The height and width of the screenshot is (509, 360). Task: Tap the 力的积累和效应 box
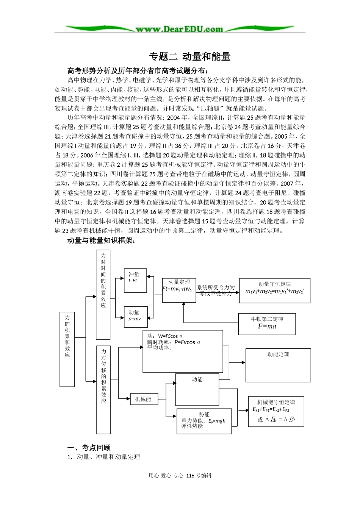click(67, 349)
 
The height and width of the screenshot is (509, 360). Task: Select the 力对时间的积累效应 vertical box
click(103, 294)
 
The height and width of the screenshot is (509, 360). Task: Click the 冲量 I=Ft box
click(135, 280)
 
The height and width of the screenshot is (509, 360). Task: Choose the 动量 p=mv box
click(135, 317)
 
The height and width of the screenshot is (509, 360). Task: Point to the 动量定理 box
click(179, 290)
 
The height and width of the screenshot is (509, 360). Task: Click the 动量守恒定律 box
click(274, 290)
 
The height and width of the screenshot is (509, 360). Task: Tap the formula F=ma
click(267, 326)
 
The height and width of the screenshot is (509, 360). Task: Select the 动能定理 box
click(278, 365)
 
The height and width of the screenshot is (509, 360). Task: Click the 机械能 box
click(143, 399)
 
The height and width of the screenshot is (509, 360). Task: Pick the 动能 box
click(197, 389)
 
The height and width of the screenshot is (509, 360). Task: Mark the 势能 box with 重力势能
click(204, 421)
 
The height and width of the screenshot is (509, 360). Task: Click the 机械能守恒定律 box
click(276, 411)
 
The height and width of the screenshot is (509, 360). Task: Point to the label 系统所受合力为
click(216, 287)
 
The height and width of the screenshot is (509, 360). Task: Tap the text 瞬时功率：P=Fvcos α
click(174, 342)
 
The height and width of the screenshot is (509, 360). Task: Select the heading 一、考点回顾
click(89, 447)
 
